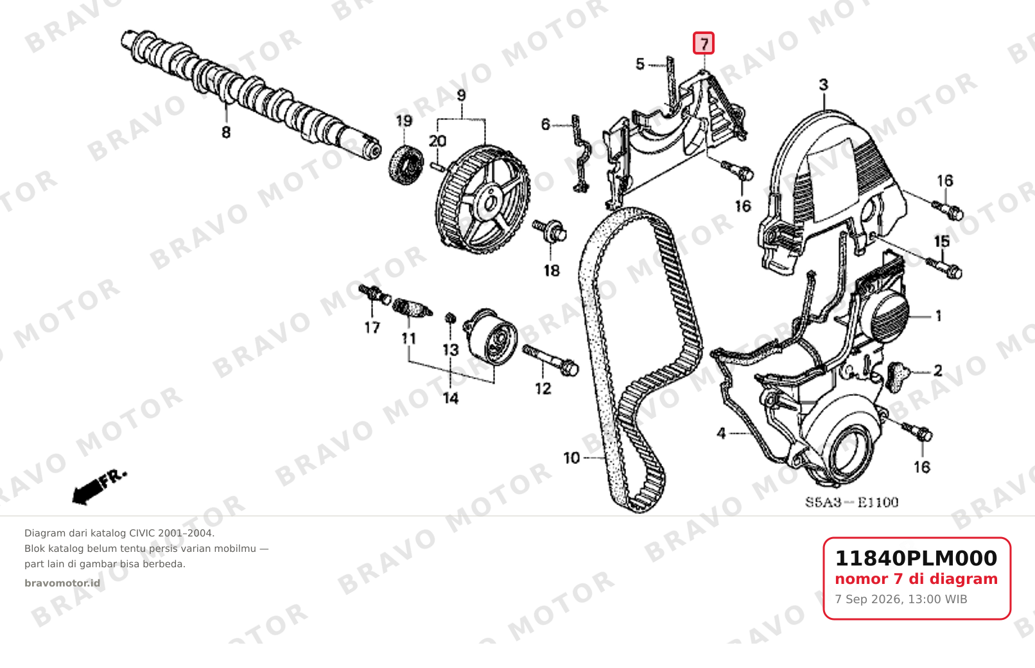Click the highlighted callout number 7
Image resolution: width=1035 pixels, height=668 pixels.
point(703,44)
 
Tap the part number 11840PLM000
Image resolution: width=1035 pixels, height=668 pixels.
point(916,558)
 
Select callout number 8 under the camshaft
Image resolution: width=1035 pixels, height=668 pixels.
point(226,132)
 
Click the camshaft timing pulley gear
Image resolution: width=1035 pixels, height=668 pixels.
point(483,200)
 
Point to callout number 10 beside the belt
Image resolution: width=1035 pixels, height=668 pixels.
point(571,458)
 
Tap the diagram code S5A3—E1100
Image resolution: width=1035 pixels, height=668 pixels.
point(851,502)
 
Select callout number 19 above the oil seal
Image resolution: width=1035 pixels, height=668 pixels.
point(404,121)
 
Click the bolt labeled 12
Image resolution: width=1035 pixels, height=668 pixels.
point(550,361)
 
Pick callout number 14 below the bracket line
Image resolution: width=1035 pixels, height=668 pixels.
point(451,398)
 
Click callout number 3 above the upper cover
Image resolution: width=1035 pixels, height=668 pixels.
point(824,85)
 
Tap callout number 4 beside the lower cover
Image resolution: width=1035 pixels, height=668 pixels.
point(721,434)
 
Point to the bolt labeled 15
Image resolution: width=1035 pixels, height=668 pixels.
point(944,268)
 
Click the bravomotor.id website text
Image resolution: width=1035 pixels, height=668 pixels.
point(62,583)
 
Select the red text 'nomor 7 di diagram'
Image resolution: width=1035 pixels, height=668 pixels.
point(916,579)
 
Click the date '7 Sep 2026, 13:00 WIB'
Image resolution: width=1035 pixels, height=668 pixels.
point(901,599)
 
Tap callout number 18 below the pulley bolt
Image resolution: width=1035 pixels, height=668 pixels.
point(552,271)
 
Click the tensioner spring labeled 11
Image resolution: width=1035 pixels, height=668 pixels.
point(412,308)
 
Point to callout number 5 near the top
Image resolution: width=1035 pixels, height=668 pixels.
point(640,64)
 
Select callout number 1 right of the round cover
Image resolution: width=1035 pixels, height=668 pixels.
point(939,316)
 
